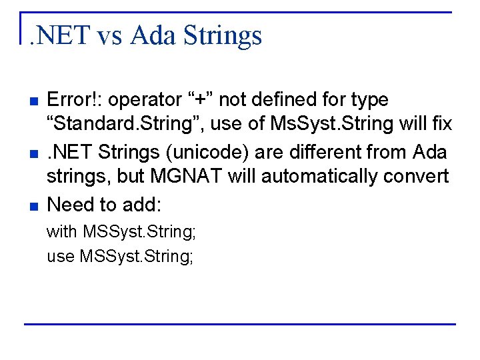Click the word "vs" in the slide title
pos(110,35)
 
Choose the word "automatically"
pos(304,177)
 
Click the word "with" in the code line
pos(61,231)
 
